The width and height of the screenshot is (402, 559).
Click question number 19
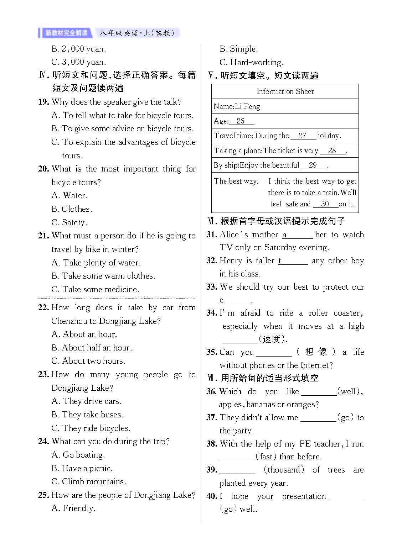tap(43, 102)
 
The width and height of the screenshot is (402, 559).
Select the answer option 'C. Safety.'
tap(69, 222)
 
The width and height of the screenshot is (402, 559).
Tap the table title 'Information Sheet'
tap(285, 91)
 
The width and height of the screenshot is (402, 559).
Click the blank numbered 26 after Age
tap(241, 121)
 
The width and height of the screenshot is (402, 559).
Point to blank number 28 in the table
tap(332, 151)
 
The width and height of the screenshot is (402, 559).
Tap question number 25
tap(43, 495)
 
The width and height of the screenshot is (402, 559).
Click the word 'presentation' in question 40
tap(304, 496)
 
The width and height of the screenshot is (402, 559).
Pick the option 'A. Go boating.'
tap(78, 455)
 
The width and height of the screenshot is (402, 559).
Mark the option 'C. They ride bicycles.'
tap(91, 428)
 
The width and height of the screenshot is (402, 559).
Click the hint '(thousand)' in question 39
tap(284, 470)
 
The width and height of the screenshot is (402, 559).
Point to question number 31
tap(212, 234)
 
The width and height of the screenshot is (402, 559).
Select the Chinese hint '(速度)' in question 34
tap(273, 339)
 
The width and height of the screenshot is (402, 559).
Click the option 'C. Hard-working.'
tap(251, 62)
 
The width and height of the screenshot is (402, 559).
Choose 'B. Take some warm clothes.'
tap(103, 276)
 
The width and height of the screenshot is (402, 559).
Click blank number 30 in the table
tap(325, 204)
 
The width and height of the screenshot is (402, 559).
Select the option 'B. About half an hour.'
tap(92, 348)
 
